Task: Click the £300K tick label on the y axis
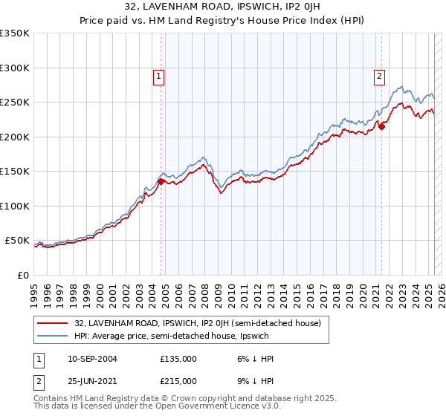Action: (14, 68)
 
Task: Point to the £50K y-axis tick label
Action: (17, 241)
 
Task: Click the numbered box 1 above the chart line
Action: (159, 75)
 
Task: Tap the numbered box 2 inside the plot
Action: (379, 75)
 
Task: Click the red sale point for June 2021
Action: (381, 126)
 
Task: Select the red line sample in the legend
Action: (54, 323)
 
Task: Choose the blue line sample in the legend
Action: (54, 336)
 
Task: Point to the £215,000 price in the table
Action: (178, 380)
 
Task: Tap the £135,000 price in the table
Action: (178, 359)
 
